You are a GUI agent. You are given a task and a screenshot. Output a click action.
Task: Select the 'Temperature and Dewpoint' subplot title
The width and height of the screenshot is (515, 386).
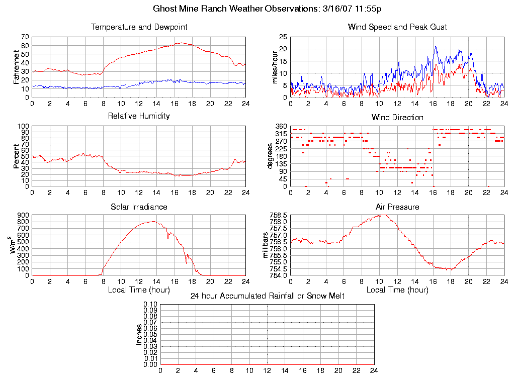click(139, 27)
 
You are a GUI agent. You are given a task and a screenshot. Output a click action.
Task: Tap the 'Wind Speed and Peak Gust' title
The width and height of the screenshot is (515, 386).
click(397, 27)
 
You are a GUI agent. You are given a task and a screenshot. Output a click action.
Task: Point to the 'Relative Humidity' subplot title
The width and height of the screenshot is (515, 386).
click(139, 116)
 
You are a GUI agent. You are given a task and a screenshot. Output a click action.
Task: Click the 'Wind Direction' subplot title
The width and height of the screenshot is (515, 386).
click(397, 117)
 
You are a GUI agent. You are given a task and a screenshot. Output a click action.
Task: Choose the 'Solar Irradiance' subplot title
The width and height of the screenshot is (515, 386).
click(139, 207)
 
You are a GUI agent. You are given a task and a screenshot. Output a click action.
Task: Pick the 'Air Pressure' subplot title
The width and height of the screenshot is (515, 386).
click(397, 207)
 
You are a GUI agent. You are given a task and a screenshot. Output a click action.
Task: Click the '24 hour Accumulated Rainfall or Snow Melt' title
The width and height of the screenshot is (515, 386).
click(267, 296)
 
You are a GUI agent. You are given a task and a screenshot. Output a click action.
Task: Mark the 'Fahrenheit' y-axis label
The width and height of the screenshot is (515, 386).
click(16, 67)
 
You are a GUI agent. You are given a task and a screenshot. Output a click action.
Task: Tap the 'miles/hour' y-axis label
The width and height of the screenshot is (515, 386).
click(275, 67)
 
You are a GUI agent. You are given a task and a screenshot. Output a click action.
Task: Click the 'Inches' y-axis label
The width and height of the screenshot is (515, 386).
click(139, 334)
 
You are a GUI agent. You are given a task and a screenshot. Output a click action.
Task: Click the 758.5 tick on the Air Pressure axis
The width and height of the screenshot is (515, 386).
click(279, 215)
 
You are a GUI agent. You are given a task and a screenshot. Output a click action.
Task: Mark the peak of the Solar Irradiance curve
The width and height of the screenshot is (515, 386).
click(153, 221)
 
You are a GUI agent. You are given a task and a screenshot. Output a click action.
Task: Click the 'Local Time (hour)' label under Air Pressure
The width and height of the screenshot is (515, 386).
click(397, 290)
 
